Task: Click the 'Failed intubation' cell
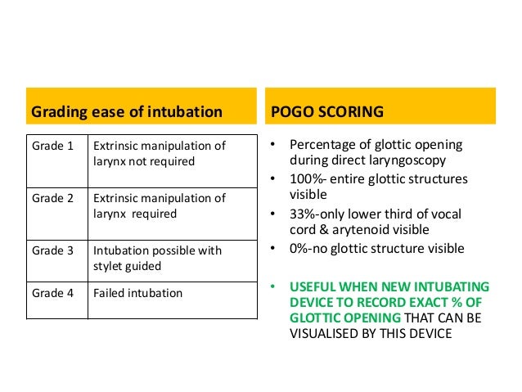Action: tap(138, 292)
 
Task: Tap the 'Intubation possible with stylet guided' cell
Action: tap(157, 258)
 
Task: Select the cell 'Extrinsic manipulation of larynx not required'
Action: tap(159, 154)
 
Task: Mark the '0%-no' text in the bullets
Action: tap(308, 249)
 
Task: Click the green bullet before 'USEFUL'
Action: tap(274, 286)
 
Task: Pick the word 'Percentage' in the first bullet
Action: tap(324, 146)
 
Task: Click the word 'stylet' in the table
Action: tap(111, 266)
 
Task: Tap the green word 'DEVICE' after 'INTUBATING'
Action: tap(312, 302)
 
